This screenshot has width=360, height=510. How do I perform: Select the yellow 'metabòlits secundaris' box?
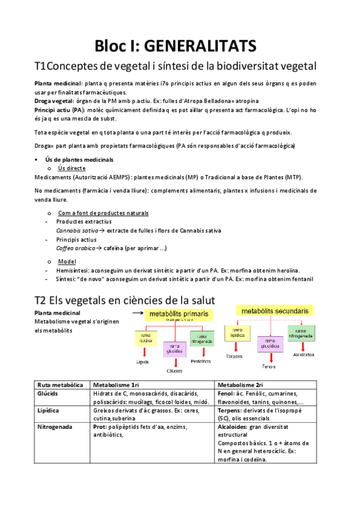pos(275,311)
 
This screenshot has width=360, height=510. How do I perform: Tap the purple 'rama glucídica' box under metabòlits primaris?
pos(175,349)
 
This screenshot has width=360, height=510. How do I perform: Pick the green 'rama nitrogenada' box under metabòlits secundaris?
pos(301,331)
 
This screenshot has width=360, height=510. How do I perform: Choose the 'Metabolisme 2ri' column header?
pos(242,385)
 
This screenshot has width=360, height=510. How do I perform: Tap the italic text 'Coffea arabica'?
pos(75,248)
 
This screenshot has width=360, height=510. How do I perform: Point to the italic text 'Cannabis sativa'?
pos(77,230)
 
